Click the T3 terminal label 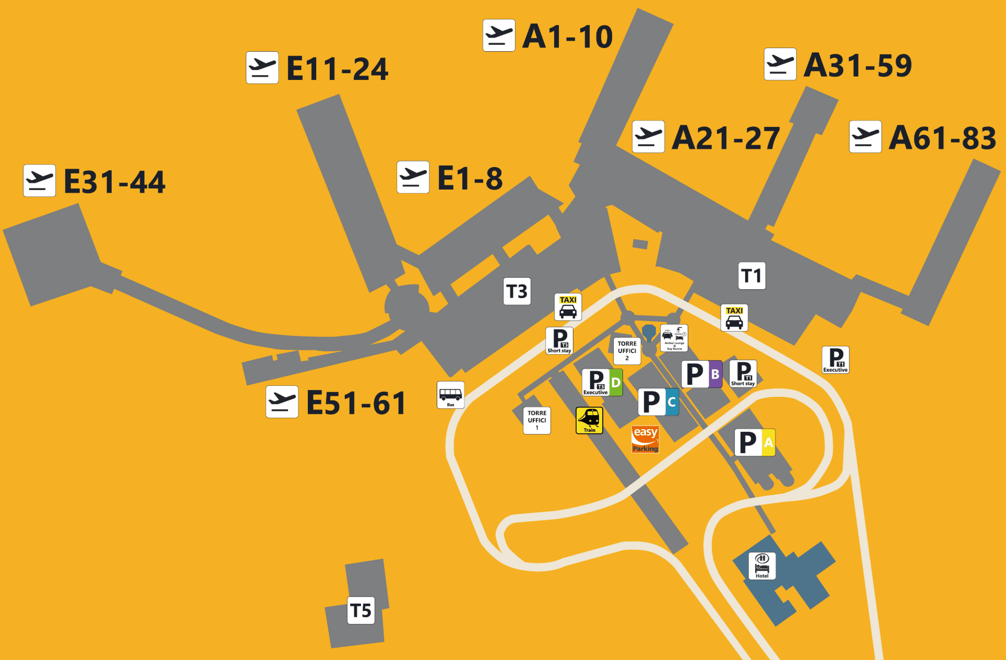pyautogui.click(x=517, y=291)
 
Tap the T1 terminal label pyautogui.click(x=752, y=276)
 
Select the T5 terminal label pyautogui.click(x=361, y=610)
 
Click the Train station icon pyautogui.click(x=589, y=420)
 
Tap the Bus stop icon pyautogui.click(x=450, y=395)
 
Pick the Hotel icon pyautogui.click(x=762, y=566)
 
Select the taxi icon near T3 pyautogui.click(x=568, y=307)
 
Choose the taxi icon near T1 pyautogui.click(x=734, y=318)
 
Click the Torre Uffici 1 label pyautogui.click(x=537, y=420)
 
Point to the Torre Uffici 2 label pyautogui.click(x=627, y=351)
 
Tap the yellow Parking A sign pyautogui.click(x=754, y=443)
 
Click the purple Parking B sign pyautogui.click(x=702, y=374)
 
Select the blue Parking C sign pyautogui.click(x=658, y=402)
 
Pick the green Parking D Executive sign pyautogui.click(x=602, y=382)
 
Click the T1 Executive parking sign pyautogui.click(x=835, y=360)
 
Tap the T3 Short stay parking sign pyautogui.click(x=559, y=341)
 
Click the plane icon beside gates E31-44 pyautogui.click(x=40, y=181)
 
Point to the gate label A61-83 pyautogui.click(x=942, y=138)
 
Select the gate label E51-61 pyautogui.click(x=356, y=403)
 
